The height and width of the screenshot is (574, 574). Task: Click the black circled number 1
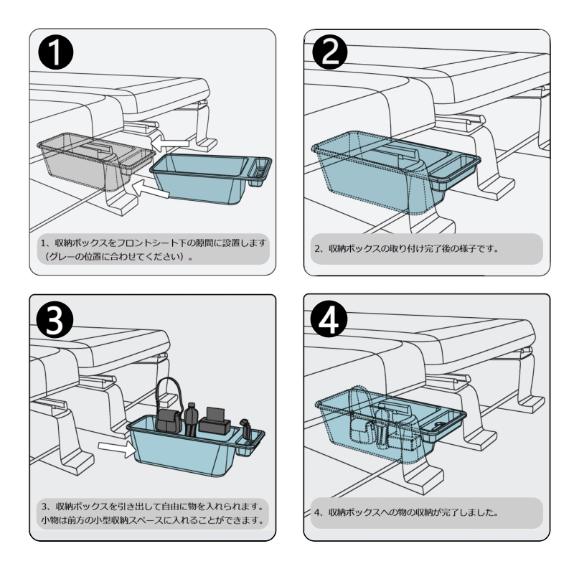click(56, 52)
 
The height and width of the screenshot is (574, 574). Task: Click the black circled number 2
click(329, 52)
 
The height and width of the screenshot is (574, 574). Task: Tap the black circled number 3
click(55, 320)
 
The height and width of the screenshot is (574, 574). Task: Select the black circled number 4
click(329, 320)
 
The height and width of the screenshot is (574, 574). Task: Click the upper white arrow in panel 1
click(170, 143)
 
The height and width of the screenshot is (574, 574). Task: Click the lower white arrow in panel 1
click(150, 189)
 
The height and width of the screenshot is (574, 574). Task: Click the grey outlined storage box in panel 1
click(96, 161)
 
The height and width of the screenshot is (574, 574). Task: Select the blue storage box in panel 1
click(210, 178)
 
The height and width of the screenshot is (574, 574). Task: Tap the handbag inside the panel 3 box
click(169, 410)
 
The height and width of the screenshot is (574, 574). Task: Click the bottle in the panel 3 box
click(191, 420)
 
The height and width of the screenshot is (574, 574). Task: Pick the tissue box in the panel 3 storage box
click(215, 421)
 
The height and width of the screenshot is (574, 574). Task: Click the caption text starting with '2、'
click(406, 249)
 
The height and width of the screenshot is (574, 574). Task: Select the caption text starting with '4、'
click(406, 512)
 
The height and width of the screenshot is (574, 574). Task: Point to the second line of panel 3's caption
click(152, 519)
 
